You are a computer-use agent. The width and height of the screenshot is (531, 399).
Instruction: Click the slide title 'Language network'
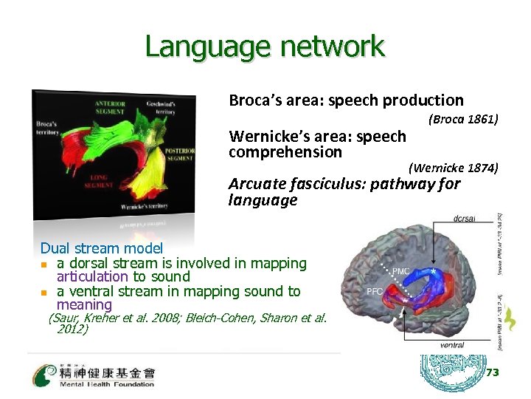[265, 46]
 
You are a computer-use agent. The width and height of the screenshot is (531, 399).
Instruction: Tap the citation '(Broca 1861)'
[462, 119]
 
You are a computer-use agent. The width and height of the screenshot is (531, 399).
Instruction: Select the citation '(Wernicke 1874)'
[453, 168]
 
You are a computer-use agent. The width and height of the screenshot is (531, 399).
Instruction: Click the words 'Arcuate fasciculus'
[299, 184]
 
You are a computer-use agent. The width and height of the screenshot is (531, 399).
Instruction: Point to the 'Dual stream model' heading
[101, 248]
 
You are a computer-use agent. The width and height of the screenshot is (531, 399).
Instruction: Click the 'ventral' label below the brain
[451, 345]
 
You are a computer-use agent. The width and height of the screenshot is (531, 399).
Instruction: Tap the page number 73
[492, 373]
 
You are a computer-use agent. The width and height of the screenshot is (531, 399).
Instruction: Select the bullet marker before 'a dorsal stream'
[44, 264]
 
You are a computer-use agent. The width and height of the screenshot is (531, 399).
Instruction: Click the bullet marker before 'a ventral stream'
[44, 292]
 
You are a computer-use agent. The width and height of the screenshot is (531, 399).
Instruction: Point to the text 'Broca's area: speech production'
[346, 100]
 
